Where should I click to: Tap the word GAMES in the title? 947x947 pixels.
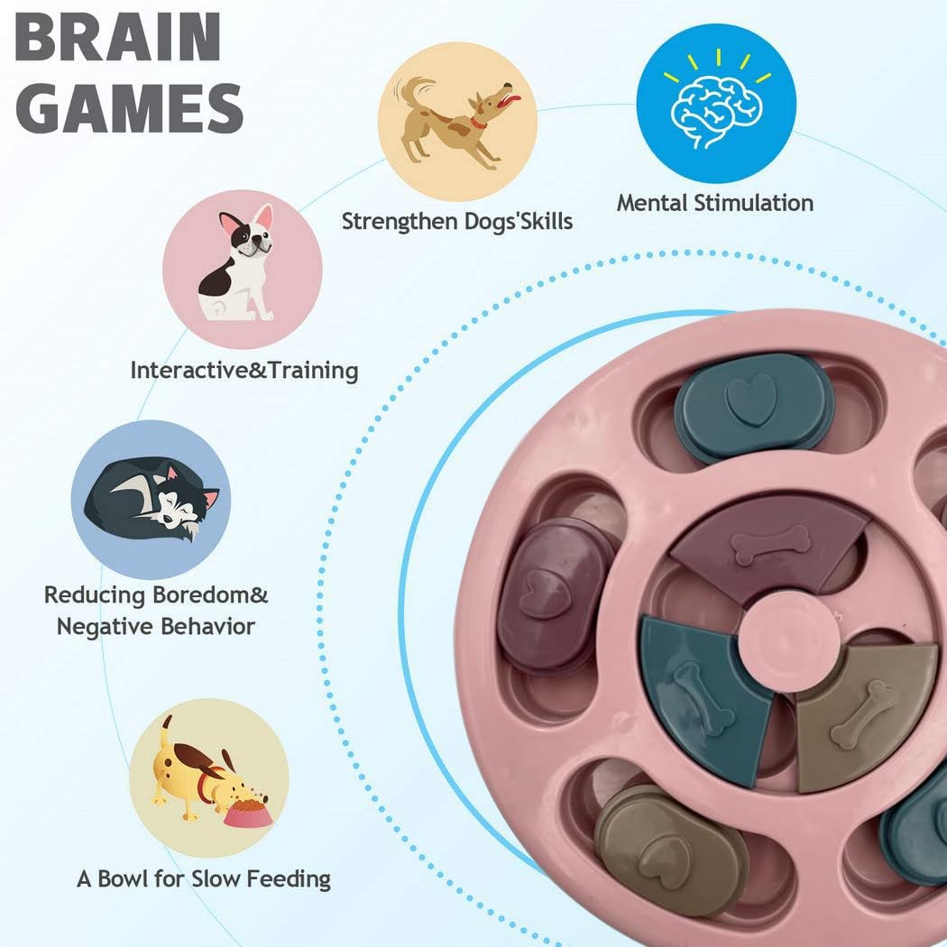pos(129,108)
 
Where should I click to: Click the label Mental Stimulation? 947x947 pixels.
pos(715,203)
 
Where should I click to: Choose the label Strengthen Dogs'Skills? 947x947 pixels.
pos(457,221)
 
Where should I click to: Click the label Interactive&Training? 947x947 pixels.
pos(244,370)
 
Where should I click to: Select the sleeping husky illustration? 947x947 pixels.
pos(152,499)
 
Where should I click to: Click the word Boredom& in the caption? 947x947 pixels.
pos(210,595)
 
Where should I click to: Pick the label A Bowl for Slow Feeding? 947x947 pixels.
pos(204,878)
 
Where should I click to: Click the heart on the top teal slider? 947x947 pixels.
pos(749,399)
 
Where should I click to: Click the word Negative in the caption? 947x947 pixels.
pos(100,626)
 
